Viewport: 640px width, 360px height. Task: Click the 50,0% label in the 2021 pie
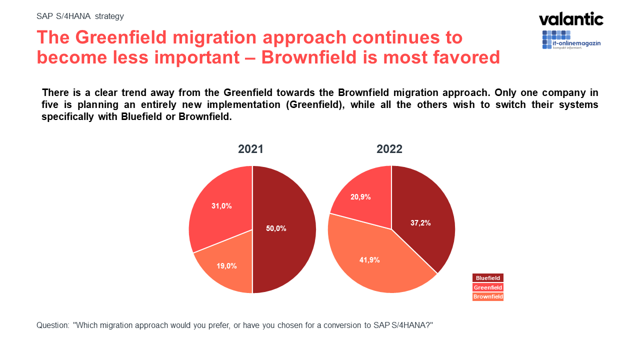[276, 228]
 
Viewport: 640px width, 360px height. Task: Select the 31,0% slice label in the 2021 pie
[221, 205]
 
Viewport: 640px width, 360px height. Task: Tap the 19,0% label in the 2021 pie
[226, 266]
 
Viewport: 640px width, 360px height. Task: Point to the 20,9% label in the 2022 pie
[360, 197]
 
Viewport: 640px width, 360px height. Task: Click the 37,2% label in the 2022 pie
[420, 223]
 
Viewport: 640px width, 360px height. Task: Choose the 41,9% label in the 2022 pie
[369, 260]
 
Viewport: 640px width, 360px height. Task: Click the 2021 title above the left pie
[250, 149]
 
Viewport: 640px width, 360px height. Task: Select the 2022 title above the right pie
[389, 149]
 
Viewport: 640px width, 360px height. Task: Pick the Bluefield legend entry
[487, 278]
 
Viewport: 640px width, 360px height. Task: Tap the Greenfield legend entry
[487, 287]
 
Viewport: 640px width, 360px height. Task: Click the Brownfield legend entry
[487, 297]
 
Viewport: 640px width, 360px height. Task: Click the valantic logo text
[571, 19]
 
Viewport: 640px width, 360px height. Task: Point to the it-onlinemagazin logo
[571, 40]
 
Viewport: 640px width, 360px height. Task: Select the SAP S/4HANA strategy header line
[80, 16]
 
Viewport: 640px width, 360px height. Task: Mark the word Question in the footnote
[52, 325]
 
